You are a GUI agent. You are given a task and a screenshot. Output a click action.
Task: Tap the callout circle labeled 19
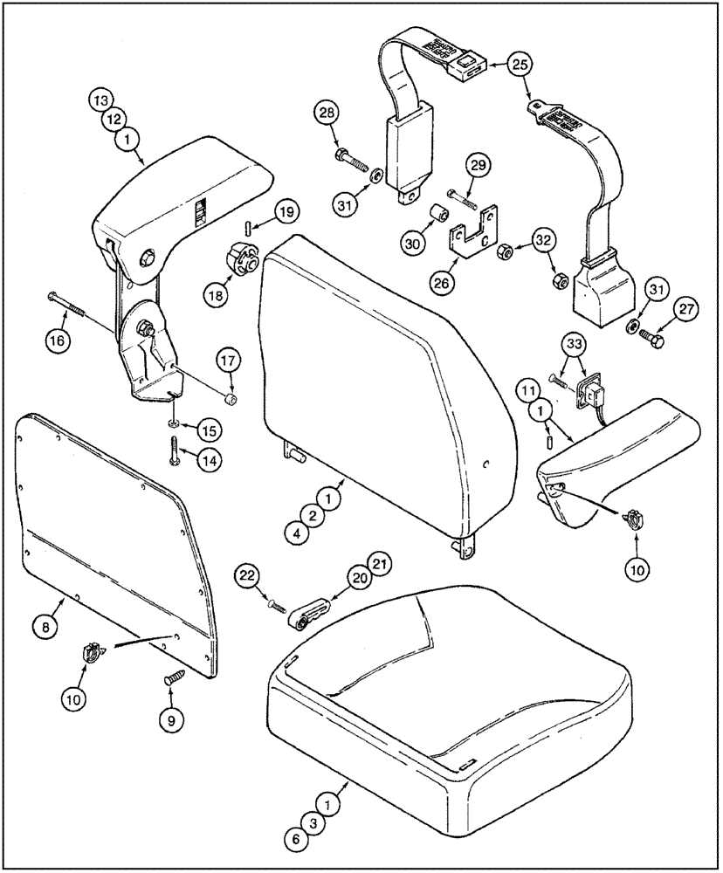286,211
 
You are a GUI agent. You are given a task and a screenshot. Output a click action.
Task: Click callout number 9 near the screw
171,720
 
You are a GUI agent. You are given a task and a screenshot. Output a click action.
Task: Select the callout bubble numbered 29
479,166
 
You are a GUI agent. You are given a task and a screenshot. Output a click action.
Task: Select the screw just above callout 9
172,677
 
